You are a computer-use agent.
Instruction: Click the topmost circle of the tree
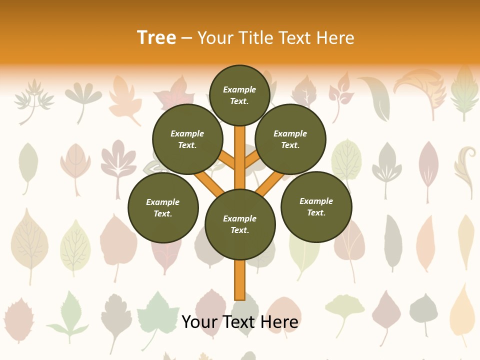coord(239,95)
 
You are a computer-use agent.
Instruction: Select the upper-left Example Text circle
coord(187,139)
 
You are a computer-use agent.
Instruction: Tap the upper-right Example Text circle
coord(290,139)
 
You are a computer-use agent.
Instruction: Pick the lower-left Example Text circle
coord(163,208)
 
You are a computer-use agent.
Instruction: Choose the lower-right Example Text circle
coord(316,207)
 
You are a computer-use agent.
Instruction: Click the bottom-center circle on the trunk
coord(240,224)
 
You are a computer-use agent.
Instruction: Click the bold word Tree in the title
coord(156,37)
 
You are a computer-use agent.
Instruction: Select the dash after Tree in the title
coord(186,38)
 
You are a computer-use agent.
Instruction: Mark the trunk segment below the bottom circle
coord(239,280)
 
